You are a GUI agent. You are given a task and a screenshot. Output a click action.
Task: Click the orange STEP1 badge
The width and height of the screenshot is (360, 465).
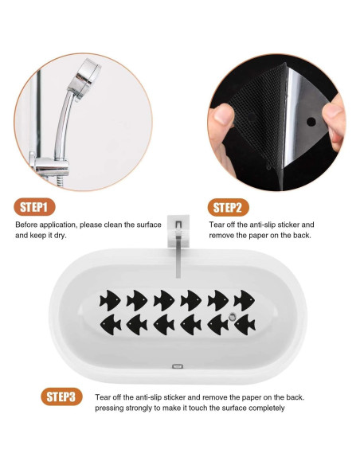pos(34,207)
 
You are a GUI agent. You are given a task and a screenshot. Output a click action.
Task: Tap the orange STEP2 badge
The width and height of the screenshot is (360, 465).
pos(228,207)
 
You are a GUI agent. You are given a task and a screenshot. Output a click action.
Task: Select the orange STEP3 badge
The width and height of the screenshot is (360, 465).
pos(61,397)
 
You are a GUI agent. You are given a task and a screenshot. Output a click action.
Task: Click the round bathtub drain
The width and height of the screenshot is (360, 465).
pos(232,317)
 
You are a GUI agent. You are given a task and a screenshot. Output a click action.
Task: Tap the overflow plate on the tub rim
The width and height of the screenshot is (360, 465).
pos(178,366)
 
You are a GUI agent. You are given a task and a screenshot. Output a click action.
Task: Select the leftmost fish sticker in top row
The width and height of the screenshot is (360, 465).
pos(110,300)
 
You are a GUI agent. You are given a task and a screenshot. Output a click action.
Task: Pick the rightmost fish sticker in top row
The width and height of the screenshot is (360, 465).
pos(244,300)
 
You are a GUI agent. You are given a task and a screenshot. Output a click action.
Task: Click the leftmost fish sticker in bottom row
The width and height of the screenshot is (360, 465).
pos(111,324)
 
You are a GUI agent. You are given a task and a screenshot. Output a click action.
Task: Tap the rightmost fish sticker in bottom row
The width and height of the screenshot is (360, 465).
pos(245,324)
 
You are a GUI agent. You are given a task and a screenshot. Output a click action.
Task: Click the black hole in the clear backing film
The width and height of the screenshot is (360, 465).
pos(311,122)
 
